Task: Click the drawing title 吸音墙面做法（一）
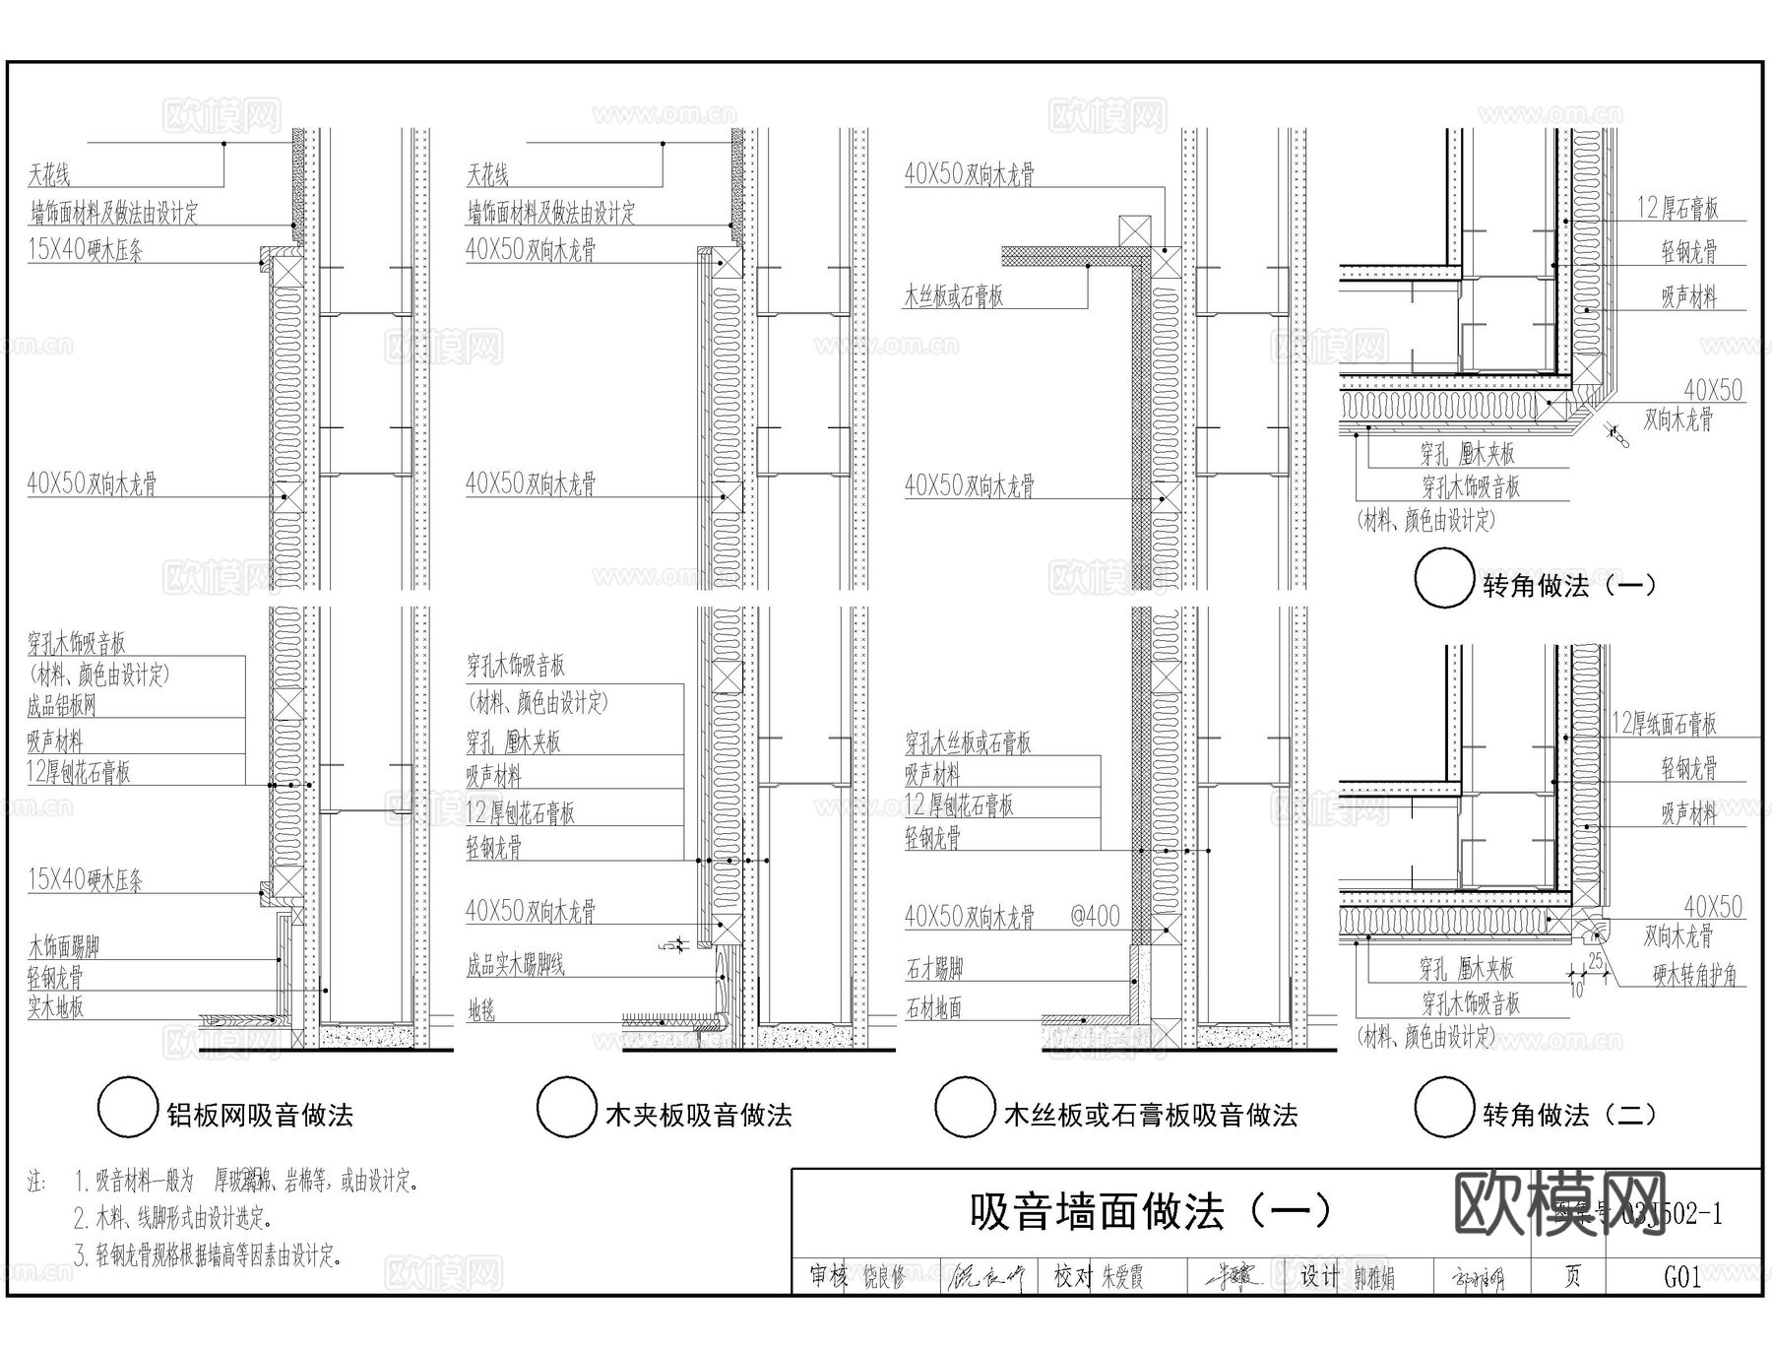[1149, 1211]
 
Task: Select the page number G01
[1682, 1277]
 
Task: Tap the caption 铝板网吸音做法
[260, 1115]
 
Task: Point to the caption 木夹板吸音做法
[699, 1115]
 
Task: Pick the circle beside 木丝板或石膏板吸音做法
[964, 1107]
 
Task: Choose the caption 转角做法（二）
[1569, 1115]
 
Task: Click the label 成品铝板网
[61, 705]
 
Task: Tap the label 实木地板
[56, 1006]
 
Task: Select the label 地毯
[481, 1010]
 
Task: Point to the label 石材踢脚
[934, 969]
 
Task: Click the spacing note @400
[1095, 917]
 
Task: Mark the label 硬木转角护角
[1694, 975]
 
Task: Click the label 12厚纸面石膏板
[1664, 724]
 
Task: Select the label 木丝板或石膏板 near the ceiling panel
[954, 295]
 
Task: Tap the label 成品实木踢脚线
[516, 964]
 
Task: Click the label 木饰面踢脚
[64, 947]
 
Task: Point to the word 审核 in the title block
[829, 1277]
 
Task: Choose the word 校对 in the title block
[1071, 1277]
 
